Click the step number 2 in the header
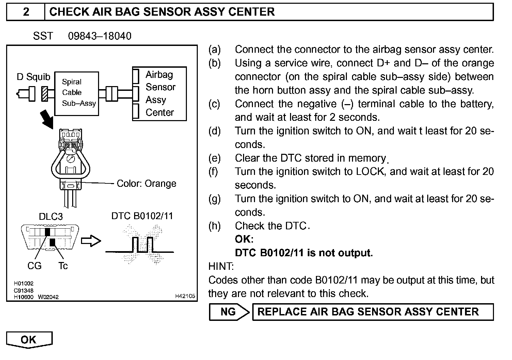tap(26, 12)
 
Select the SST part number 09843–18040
tap(99, 36)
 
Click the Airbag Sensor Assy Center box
tap(159, 94)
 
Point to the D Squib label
tap(33, 77)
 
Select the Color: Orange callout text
tap(146, 183)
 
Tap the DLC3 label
tap(51, 217)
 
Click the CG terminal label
tap(34, 266)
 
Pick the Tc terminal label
tap(63, 266)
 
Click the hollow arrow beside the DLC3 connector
tap(91, 241)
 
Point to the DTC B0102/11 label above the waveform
tap(142, 216)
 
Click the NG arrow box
tap(229, 312)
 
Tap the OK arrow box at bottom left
tap(29, 340)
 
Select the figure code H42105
tap(185, 296)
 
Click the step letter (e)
tap(214, 158)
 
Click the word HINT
tap(221, 266)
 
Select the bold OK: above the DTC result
tap(244, 239)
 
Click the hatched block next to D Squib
tap(44, 93)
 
